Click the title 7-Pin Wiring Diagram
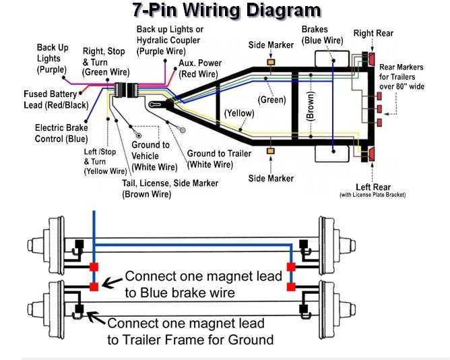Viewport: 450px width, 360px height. (x=226, y=10)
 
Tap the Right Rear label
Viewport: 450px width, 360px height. (x=373, y=33)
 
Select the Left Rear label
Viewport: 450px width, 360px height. (x=373, y=187)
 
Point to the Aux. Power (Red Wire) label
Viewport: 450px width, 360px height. (x=199, y=68)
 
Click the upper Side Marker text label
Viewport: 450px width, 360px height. (x=271, y=44)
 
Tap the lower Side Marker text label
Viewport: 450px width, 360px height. (x=271, y=178)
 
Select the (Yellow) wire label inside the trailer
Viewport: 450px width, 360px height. (x=239, y=113)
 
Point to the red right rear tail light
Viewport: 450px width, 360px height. (x=371, y=59)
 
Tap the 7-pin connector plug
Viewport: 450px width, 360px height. (x=124, y=92)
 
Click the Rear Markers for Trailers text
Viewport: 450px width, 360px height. (x=401, y=77)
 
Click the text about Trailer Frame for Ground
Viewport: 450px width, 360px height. (x=190, y=331)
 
